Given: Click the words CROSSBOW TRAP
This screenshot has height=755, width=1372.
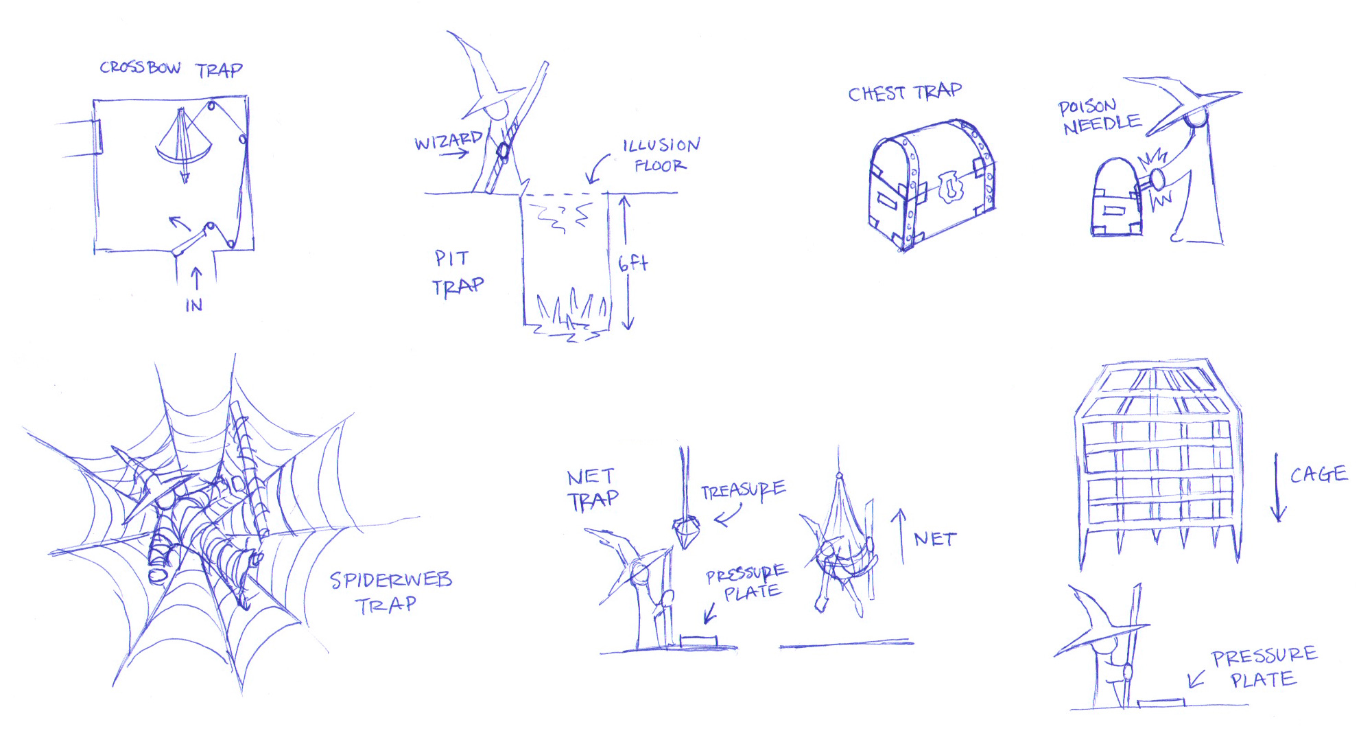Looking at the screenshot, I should pos(171,69).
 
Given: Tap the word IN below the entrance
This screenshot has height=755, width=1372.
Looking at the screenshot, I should pos(194,305).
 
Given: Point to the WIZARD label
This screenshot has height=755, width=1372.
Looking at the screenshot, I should pos(448,141).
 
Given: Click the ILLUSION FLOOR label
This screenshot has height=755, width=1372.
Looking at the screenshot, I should pos(660,155).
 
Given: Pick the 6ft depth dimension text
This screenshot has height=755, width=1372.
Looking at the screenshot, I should pos(632,263).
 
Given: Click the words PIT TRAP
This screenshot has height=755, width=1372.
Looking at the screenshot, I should pos(457,272).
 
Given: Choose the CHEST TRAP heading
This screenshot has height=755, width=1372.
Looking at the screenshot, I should pos(904,93).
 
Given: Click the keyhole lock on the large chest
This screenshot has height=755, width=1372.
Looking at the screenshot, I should pos(950,187).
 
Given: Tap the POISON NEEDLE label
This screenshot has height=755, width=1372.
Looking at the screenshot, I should pos(1099,117).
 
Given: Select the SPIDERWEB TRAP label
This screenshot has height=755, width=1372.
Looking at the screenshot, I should pos(390,592).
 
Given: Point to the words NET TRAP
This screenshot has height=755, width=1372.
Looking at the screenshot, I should pos(592,489).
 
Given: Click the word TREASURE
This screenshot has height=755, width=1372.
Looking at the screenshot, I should pos(743,490).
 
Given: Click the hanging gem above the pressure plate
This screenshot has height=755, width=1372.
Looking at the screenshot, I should pos(686,533).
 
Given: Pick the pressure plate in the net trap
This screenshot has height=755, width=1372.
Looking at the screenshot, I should pos(698,641).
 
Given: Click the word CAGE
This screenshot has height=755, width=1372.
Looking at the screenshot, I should pos(1318,474).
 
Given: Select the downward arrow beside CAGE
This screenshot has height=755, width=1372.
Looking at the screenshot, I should pos(1277,487).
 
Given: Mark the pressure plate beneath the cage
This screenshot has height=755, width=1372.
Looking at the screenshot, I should pos(1161,703).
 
